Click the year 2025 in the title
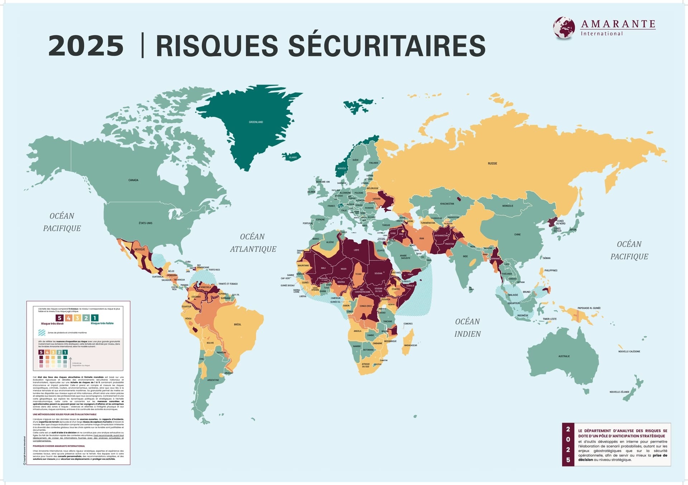coord(86,46)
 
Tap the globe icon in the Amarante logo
coord(564,27)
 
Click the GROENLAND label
coord(256,122)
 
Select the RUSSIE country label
coord(492,163)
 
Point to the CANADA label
coord(133,180)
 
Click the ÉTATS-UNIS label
coord(146,223)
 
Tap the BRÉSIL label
coord(237,324)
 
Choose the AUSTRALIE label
coord(564,356)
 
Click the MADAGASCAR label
coord(411,345)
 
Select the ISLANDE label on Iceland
coord(293,157)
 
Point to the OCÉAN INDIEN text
coord(468,328)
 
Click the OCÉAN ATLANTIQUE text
coord(253,242)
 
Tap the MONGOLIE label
coord(508,206)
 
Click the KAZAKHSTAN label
coord(447,204)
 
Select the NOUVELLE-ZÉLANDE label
coord(619,392)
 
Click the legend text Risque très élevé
coord(52,324)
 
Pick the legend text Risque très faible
coord(102,323)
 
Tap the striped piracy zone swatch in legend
coord(42,333)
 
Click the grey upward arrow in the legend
coord(70,362)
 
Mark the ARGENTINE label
coord(213,380)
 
